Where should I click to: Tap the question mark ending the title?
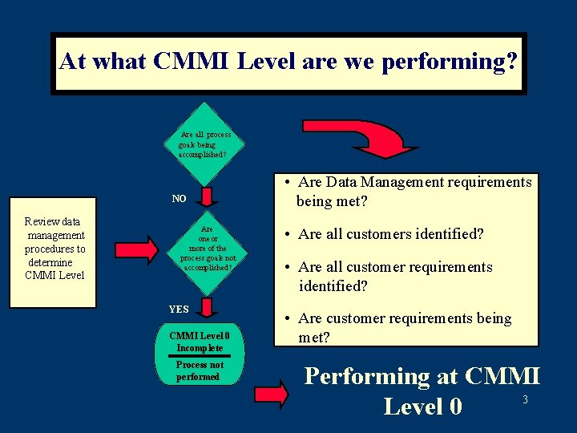(x=510, y=62)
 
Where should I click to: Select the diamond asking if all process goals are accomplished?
(x=205, y=144)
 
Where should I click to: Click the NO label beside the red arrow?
(x=180, y=198)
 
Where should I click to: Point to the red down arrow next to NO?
(x=207, y=197)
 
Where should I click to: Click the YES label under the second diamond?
(x=179, y=309)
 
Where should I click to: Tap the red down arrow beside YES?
(x=207, y=308)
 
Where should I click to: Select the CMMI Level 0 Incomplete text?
(x=200, y=342)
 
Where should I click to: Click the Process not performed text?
(x=198, y=370)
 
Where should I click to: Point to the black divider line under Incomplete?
(x=200, y=356)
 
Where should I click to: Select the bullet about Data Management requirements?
(x=408, y=192)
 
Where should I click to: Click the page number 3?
(x=525, y=399)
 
